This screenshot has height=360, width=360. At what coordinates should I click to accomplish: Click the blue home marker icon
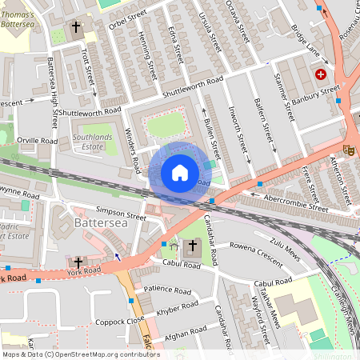point(180,172)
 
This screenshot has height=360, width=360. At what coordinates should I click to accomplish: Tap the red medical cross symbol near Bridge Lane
point(321,74)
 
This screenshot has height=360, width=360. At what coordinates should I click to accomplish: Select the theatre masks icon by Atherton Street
point(349,149)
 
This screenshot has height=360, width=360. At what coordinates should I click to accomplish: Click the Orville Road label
point(37,140)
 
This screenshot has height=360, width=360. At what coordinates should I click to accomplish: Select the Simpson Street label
point(121,216)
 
